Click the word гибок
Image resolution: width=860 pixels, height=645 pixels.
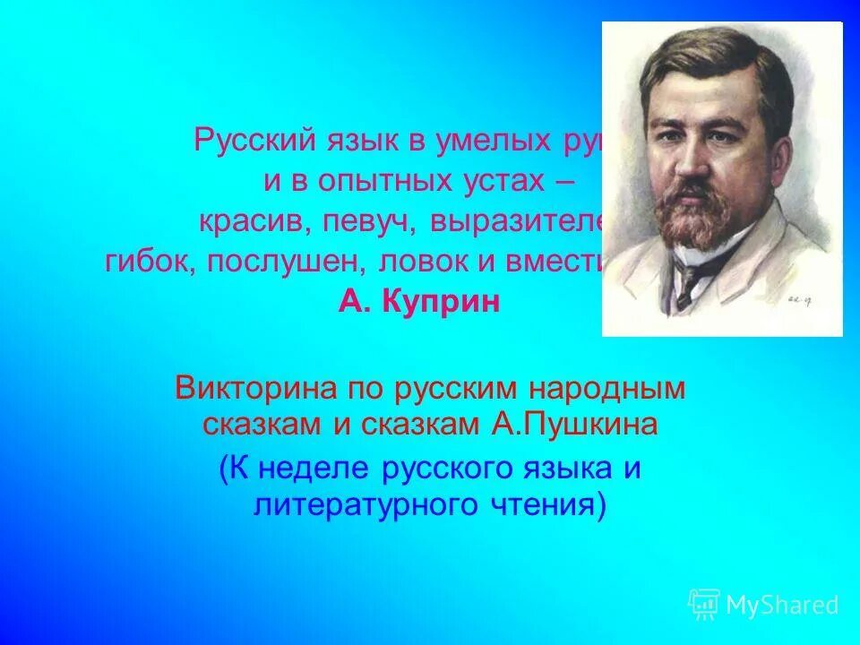pos(142,262)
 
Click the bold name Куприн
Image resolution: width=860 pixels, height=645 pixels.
pos(443,302)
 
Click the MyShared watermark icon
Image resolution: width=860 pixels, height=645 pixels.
pos(704,605)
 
